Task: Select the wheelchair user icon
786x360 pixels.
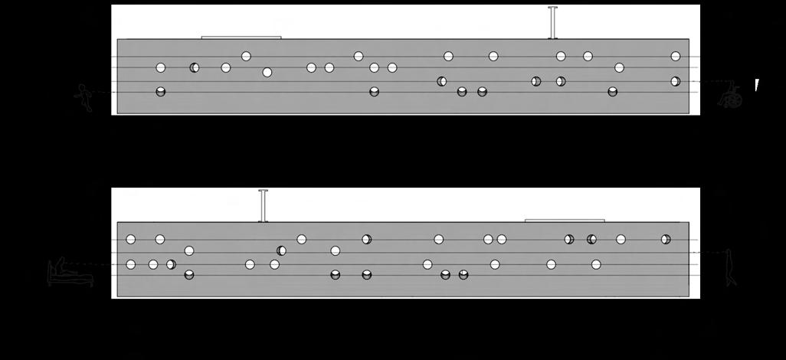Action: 730,97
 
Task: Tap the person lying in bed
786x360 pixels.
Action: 70,272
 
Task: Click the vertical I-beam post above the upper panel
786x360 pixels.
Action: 552,22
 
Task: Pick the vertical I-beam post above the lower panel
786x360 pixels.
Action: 263,205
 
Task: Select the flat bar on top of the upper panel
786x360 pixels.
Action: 241,37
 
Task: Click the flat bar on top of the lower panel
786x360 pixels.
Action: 565,220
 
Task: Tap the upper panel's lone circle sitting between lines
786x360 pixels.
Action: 267,73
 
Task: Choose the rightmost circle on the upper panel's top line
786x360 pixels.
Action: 676,56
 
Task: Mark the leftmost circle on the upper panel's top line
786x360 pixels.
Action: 246,56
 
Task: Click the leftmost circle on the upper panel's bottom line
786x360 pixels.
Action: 161,92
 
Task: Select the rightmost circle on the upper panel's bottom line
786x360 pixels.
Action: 613,92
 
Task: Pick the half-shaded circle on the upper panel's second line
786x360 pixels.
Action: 195,67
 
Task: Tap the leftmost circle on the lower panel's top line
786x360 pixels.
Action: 131,239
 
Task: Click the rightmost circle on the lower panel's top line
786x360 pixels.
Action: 666,239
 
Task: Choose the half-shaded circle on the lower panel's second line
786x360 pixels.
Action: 282,250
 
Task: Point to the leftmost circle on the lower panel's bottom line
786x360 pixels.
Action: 189,275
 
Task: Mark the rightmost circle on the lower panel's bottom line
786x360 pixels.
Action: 463,275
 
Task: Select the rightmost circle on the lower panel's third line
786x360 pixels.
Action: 596,264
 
